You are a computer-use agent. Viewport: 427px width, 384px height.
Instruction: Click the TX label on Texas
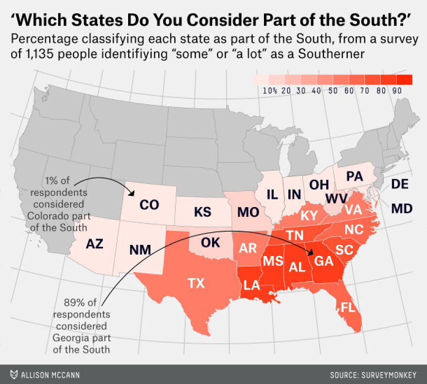tap(196, 283)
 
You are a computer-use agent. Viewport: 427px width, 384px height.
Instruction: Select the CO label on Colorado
tap(149, 205)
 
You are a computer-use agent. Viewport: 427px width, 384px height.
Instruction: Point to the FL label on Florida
tap(347, 307)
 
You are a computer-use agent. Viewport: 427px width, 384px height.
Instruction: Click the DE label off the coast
tap(399, 184)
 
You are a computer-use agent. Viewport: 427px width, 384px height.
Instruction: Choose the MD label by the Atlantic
tap(401, 209)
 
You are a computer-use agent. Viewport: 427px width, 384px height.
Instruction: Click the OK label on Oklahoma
tap(210, 242)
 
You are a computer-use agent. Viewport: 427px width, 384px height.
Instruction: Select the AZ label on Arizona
tap(95, 244)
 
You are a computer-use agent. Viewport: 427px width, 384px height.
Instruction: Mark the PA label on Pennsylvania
tap(355, 177)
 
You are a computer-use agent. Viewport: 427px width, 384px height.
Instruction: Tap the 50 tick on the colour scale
tap(333, 90)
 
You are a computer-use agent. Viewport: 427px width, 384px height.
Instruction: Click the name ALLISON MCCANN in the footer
tap(48, 375)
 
